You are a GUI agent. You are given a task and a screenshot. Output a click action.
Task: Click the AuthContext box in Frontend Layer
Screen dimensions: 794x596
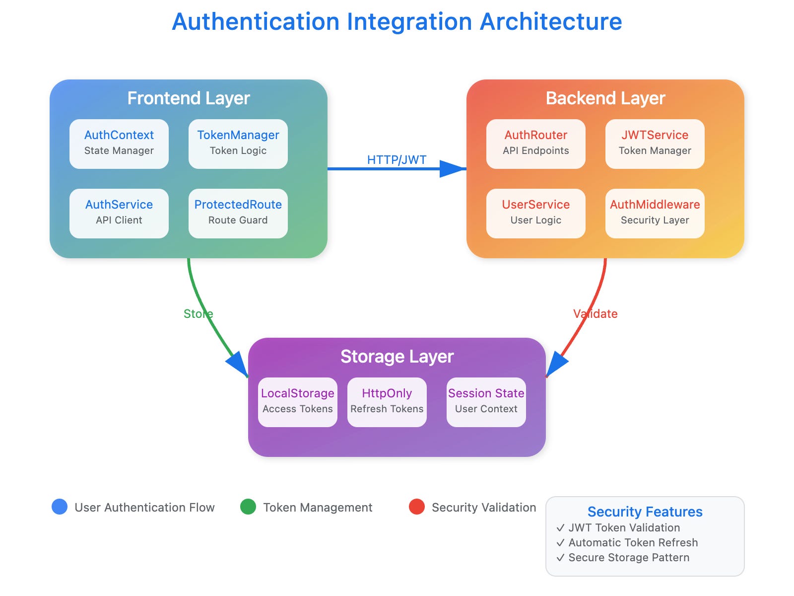[x=119, y=144]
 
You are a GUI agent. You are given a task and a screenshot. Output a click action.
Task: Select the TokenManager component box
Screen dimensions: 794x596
[x=238, y=144]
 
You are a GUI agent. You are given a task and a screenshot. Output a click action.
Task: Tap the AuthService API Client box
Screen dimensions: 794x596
[x=119, y=214]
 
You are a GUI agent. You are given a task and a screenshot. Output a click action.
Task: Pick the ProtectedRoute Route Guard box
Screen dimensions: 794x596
[x=238, y=214]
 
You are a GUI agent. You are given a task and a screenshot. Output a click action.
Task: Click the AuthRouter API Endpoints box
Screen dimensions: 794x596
[x=536, y=144]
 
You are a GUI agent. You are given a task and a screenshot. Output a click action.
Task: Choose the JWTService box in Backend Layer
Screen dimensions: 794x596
[x=655, y=144]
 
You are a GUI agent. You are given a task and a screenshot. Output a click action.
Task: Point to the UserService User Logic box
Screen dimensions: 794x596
[x=536, y=214]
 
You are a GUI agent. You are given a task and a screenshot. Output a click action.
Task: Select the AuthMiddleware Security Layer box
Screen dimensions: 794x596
[x=655, y=214]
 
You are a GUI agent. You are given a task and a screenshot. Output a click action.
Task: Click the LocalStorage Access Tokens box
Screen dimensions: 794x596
[x=298, y=402]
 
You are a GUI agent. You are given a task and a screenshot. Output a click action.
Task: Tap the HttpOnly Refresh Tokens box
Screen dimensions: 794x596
[x=387, y=402]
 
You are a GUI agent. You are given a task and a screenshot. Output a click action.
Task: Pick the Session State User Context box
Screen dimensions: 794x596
[x=486, y=402]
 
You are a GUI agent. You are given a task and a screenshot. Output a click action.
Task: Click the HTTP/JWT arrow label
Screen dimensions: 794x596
[x=397, y=159]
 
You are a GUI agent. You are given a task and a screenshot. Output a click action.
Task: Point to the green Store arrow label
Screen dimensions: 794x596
[x=198, y=313]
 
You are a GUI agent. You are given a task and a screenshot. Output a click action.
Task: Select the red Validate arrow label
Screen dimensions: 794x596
[x=595, y=313]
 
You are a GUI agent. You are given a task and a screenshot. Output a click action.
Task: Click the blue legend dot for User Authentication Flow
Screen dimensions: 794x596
[x=60, y=507]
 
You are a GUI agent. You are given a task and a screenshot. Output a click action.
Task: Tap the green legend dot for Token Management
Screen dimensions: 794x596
[x=248, y=507]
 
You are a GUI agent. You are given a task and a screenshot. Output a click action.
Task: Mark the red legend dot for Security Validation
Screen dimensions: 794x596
[x=417, y=507]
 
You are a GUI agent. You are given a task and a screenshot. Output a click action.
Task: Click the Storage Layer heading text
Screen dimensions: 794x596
[x=397, y=357]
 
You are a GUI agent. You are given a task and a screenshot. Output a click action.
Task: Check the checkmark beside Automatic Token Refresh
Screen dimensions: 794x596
[x=560, y=543]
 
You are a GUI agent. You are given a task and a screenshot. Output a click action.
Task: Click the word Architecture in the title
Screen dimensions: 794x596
[x=551, y=22]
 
